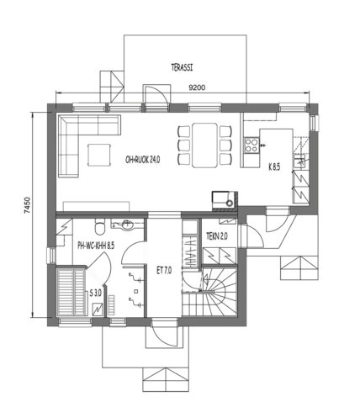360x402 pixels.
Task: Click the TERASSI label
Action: point(182,67)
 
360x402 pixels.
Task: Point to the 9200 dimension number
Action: point(197,87)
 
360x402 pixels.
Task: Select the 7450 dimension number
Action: point(27,206)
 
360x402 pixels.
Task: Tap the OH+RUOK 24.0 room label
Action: point(143,160)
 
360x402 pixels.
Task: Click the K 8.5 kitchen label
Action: point(274,167)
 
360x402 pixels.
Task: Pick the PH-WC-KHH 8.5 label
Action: point(96,246)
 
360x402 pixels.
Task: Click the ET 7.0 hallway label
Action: point(164,271)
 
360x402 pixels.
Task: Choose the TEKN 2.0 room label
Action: point(217,236)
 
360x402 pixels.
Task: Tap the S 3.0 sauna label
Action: point(95,294)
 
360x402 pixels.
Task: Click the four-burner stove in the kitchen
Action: point(251,145)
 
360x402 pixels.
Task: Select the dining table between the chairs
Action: point(205,145)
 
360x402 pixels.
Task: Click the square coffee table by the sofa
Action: point(99,155)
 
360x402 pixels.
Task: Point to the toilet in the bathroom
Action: point(100,227)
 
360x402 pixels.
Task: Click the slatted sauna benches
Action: point(71,292)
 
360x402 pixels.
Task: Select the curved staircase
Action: point(210,292)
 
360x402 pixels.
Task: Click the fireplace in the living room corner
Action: point(225,199)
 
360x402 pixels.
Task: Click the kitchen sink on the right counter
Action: point(299,161)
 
